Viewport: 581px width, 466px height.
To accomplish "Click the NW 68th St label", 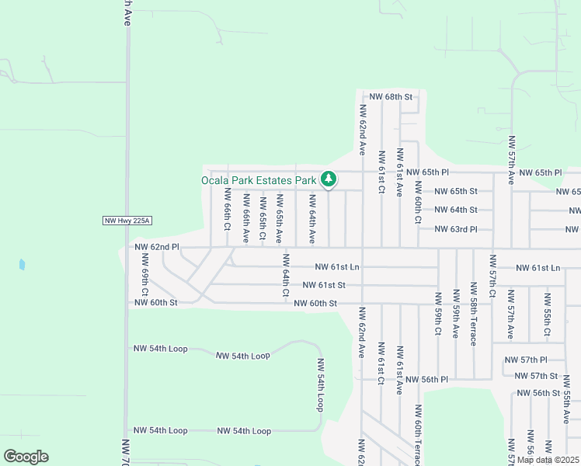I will click(389, 97).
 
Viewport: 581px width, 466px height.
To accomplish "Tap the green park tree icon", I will click(329, 180).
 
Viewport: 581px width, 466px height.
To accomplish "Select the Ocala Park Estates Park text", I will click(259, 180).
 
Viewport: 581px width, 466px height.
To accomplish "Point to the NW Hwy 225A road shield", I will click(126, 221).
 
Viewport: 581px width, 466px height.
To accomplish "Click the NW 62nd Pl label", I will click(157, 247).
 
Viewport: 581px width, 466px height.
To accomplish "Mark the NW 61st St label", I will click(324, 286).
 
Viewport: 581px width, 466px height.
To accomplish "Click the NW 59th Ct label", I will click(438, 313).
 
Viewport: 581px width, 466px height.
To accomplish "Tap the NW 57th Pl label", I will click(526, 360).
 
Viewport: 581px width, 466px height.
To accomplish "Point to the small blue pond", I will click(22, 265).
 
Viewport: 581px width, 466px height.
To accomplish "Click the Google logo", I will click(26, 457).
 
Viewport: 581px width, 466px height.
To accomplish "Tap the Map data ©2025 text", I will click(548, 460).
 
